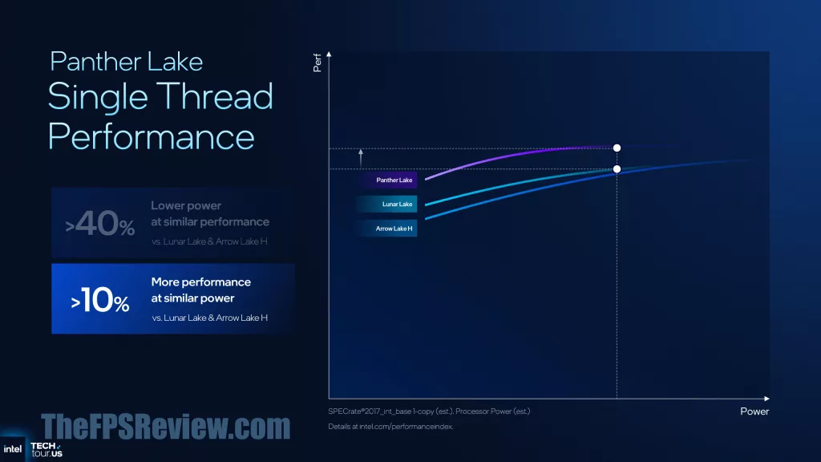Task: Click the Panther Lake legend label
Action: pos(394,180)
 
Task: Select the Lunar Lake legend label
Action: pos(397,205)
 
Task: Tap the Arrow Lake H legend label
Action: pos(394,229)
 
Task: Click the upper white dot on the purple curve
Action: pos(617,148)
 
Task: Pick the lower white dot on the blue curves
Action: pos(617,169)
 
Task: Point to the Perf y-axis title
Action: pos(317,63)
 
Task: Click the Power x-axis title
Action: pos(754,411)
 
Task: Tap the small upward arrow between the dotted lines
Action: pos(361,158)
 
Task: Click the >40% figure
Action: pos(99,224)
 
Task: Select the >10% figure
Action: pos(100,301)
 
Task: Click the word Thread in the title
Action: pos(215,96)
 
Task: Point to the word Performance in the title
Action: pos(152,136)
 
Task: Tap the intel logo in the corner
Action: pos(13,449)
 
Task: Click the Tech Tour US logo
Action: pos(46,449)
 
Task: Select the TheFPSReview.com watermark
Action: pos(165,427)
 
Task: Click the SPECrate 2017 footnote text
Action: pos(429,411)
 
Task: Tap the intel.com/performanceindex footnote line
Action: pos(390,427)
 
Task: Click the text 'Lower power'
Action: pos(186,206)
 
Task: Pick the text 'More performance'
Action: pos(201,282)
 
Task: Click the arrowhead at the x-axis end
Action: pos(766,399)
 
